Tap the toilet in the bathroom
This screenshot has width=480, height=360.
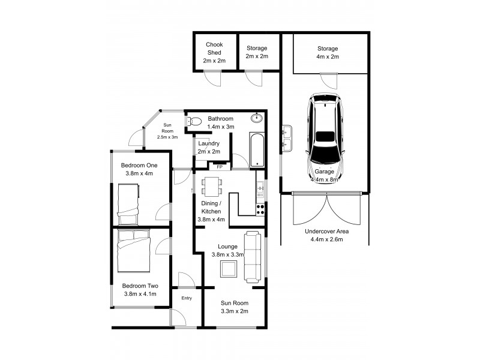194,122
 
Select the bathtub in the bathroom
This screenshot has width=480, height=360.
257,151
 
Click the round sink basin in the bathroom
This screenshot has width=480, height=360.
257,118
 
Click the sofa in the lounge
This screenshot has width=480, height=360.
253,257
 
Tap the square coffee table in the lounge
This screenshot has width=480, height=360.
229,269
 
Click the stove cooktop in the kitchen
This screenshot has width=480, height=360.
260,209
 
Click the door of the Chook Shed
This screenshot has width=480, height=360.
212,76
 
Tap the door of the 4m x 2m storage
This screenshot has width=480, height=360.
328,79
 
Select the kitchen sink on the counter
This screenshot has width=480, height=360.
260,190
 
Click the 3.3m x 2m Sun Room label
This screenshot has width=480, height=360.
233,308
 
